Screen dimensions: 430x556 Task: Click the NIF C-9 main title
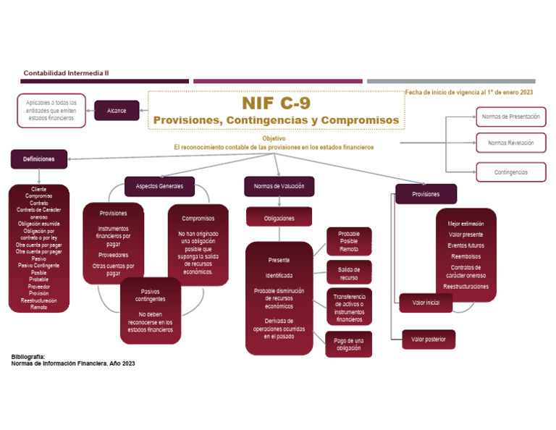[x=276, y=103]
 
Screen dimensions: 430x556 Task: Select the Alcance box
[x=117, y=111]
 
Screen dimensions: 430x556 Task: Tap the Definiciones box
[x=38, y=159]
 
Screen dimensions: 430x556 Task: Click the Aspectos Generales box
[x=159, y=186]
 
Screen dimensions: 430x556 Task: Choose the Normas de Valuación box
[x=279, y=186]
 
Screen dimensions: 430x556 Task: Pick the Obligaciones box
[x=279, y=217]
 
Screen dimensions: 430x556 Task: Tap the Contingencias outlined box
[x=510, y=172]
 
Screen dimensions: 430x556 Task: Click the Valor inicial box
[x=426, y=303]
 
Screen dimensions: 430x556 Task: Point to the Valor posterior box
[x=429, y=339]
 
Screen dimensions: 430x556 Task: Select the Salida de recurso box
[x=349, y=273]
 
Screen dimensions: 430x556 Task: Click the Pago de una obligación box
[x=349, y=344]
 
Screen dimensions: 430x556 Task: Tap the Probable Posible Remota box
[x=349, y=241]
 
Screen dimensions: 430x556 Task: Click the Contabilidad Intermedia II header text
[x=66, y=73]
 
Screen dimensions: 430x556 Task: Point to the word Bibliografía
[x=28, y=356]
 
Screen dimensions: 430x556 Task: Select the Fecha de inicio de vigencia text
[x=469, y=93]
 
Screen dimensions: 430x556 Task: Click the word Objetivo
[x=274, y=138]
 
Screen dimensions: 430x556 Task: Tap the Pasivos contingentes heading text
[x=150, y=295]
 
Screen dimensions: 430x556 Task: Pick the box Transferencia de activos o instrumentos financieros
[x=349, y=308]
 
